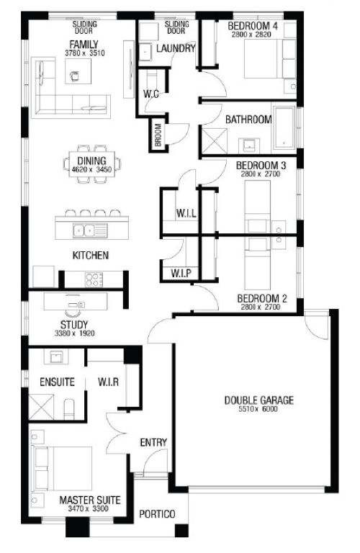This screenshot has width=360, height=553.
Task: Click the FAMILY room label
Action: (x=84, y=45)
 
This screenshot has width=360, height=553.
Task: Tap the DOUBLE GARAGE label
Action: (x=258, y=400)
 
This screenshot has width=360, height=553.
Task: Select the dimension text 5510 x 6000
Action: (x=258, y=409)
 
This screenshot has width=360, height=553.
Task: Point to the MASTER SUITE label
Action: (x=89, y=500)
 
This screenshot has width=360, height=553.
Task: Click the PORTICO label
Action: (x=157, y=514)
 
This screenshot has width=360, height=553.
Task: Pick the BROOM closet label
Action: (x=158, y=135)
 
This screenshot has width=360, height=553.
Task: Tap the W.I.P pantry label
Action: (x=181, y=274)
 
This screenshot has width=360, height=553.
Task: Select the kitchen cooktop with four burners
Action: (x=94, y=279)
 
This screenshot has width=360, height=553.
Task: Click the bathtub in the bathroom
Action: (x=284, y=127)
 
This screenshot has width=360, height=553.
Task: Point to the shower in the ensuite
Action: (x=41, y=408)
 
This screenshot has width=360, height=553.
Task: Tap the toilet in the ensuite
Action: (x=69, y=409)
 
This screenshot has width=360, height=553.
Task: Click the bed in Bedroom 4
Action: (x=270, y=58)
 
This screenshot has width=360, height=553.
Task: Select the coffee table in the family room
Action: (x=78, y=71)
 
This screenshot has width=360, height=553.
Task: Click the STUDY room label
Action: (x=74, y=325)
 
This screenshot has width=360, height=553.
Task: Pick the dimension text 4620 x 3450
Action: (x=91, y=170)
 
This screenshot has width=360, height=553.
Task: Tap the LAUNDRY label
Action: (x=176, y=48)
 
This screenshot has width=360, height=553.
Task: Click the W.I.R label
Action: (x=108, y=382)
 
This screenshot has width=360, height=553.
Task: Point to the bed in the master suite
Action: (x=62, y=468)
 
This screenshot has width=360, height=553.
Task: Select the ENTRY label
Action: (x=153, y=443)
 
